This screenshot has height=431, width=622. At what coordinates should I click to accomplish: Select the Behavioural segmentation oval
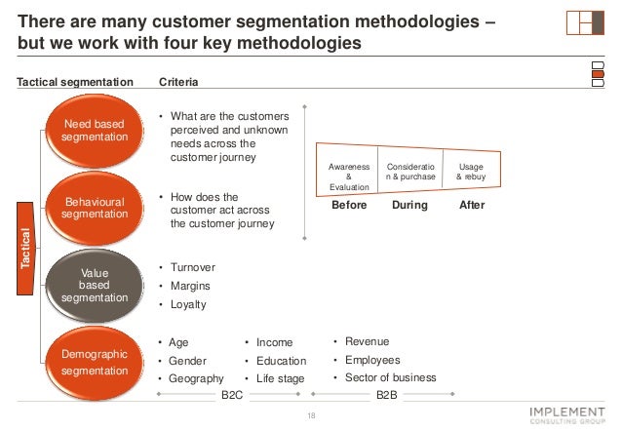coord(96,207)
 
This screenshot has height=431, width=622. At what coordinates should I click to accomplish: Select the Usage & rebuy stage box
coord(472,171)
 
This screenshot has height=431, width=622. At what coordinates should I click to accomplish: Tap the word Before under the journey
coord(349,206)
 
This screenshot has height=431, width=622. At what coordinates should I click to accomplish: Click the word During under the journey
coord(409,206)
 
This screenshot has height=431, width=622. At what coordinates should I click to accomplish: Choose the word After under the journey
coord(472,206)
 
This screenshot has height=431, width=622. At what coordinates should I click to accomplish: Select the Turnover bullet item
coord(192,267)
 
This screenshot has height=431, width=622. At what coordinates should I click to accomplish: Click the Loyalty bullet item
coord(188,304)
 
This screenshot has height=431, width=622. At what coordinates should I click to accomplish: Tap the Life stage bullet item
coord(280,378)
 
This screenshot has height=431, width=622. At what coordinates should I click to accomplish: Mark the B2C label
coord(230,396)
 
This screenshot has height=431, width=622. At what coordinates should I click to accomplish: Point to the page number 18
coord(311,416)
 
